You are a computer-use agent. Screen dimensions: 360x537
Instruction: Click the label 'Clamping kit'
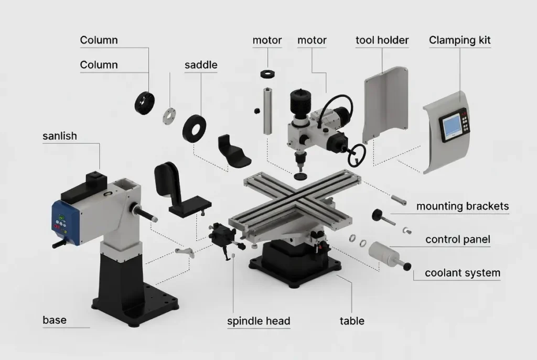[459, 40]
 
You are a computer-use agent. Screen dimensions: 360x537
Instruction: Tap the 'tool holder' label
[382, 40]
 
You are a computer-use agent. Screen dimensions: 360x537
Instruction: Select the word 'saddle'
[201, 66]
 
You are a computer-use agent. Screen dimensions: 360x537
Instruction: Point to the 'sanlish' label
[59, 136]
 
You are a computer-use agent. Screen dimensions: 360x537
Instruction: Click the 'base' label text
[55, 320]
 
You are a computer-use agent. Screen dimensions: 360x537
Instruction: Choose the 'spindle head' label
[259, 321]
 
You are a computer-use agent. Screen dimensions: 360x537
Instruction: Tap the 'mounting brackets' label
[462, 206]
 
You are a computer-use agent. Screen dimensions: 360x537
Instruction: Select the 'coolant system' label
[462, 273]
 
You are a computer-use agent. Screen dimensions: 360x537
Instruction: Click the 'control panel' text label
[457, 239]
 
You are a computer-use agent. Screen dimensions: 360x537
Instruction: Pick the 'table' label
[352, 321]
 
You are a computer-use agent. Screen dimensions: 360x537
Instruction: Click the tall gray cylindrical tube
[268, 112]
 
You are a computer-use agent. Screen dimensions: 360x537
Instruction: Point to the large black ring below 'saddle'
[194, 128]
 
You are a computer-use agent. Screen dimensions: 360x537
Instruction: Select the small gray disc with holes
[169, 115]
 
